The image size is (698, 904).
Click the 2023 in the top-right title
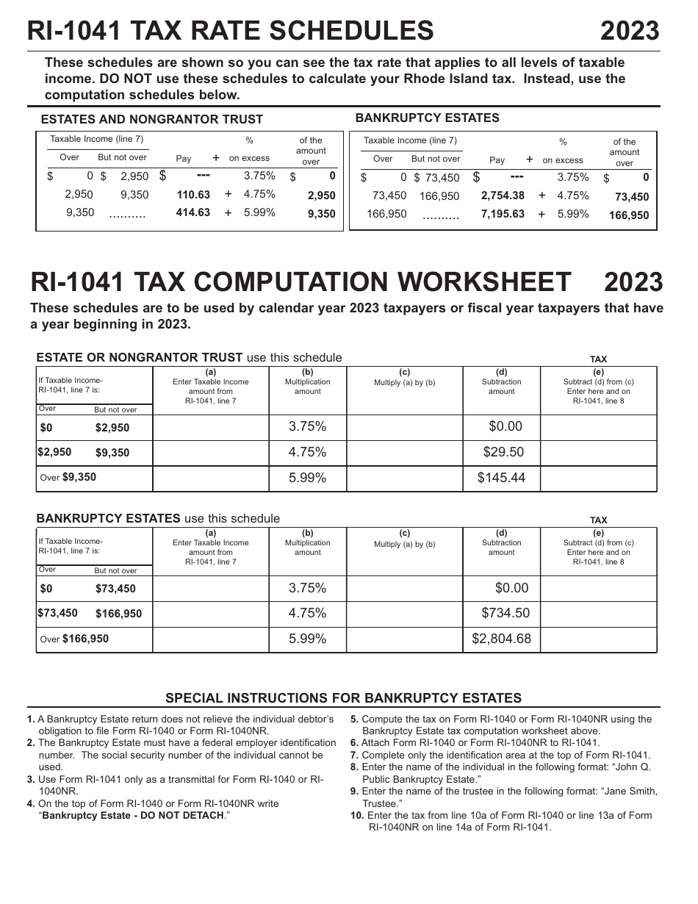(x=630, y=31)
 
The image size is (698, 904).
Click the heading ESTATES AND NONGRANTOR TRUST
(x=151, y=119)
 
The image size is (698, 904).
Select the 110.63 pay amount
(x=193, y=195)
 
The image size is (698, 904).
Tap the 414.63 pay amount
(x=193, y=213)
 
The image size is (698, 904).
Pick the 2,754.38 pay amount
(x=503, y=195)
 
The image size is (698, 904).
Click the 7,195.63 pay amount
(x=503, y=214)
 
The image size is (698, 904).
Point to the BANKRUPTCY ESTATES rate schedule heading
(x=427, y=118)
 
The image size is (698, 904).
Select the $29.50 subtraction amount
(x=502, y=452)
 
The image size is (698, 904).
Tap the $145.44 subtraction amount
(x=501, y=478)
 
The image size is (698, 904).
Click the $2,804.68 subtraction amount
(x=501, y=639)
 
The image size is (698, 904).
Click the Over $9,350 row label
(x=68, y=478)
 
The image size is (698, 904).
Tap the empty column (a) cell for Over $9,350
(x=211, y=478)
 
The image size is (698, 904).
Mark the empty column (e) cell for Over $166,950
(x=598, y=639)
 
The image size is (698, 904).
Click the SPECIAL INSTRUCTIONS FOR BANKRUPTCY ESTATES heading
(x=343, y=698)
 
